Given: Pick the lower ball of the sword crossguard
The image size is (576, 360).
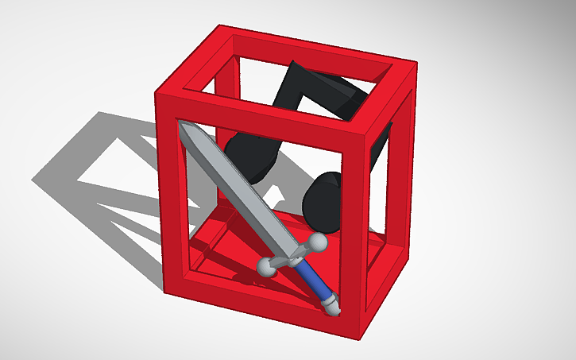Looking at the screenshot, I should tap(266, 269).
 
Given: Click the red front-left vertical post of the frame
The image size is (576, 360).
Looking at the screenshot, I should tap(169, 199).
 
